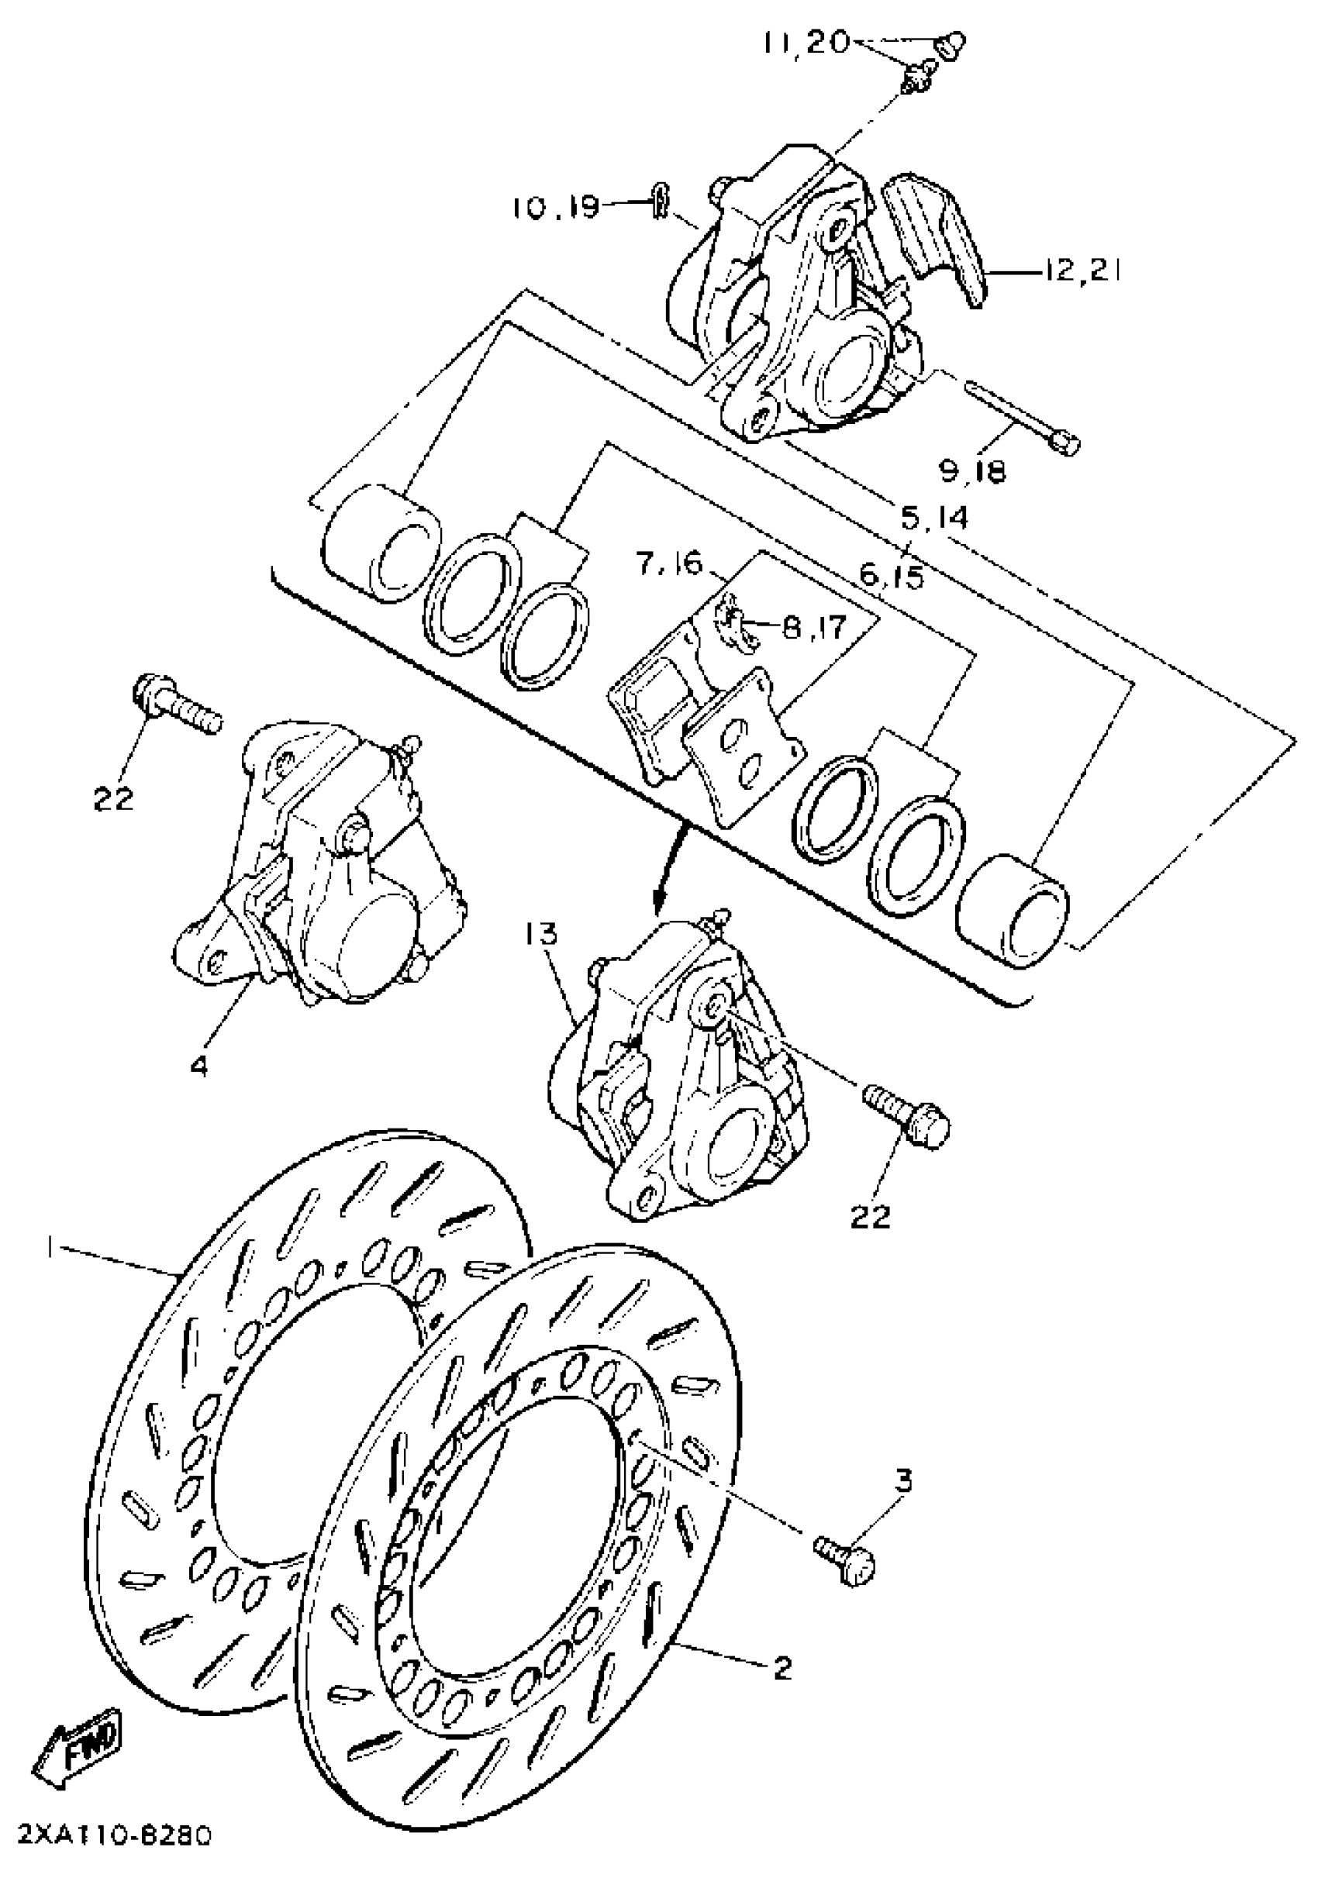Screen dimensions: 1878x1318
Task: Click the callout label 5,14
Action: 933,518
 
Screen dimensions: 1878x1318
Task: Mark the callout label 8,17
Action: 812,627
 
